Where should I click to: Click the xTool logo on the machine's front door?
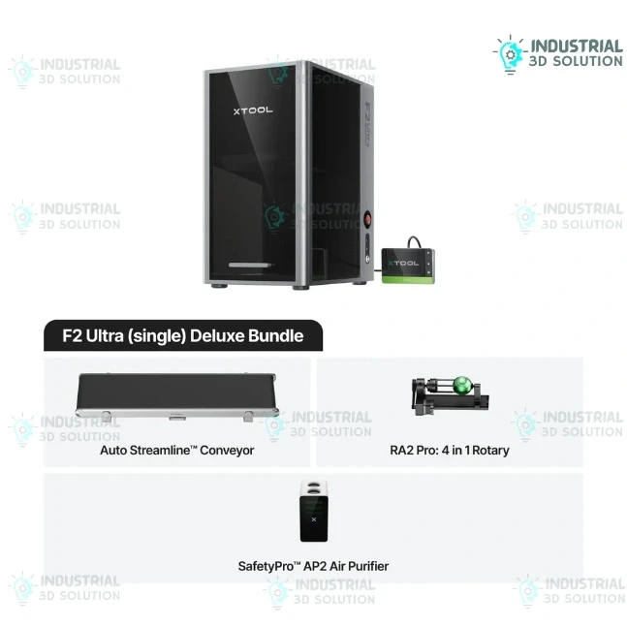point(253,110)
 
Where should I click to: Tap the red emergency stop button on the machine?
point(367,220)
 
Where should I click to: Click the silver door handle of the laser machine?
point(250,265)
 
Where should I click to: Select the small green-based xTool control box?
point(407,266)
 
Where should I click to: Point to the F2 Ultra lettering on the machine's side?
point(367,124)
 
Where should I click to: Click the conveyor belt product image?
point(177,397)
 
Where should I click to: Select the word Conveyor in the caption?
point(227,451)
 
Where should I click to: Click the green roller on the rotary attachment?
point(462,385)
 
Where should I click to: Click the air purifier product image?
point(314,511)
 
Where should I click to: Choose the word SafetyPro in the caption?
point(266,566)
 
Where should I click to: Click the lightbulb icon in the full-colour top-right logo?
point(510,55)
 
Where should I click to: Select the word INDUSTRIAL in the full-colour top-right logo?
point(577,47)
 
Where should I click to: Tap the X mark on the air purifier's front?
point(314,519)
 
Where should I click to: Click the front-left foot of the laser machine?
point(219,286)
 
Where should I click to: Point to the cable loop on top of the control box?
point(414,242)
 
